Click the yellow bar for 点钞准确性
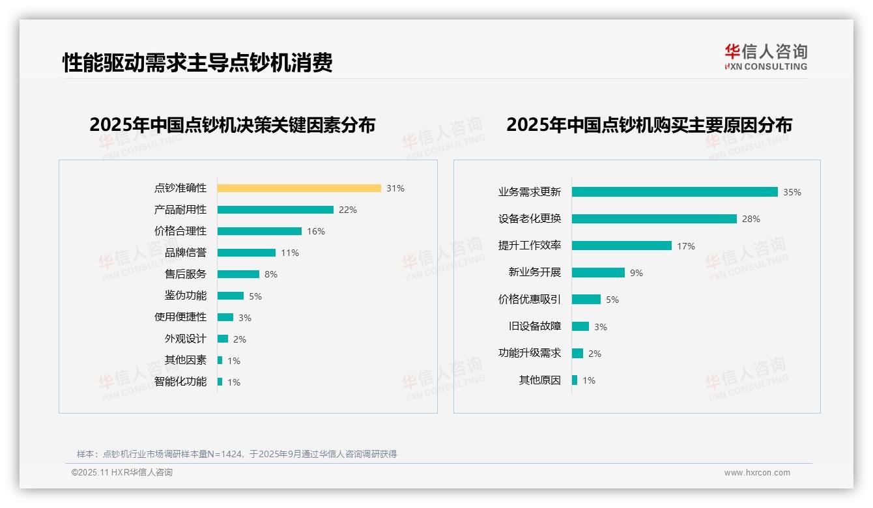tap(299, 188)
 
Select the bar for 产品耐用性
tap(275, 210)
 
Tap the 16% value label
tap(316, 231)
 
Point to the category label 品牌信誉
tap(186, 253)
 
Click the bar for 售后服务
tap(238, 274)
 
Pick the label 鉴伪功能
tap(186, 296)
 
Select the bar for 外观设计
tap(223, 339)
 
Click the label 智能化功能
tap(180, 382)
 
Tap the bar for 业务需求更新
tap(674, 192)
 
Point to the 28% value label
tap(751, 219)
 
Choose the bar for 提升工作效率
tap(622, 246)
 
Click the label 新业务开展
tap(535, 273)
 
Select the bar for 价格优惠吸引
tap(586, 300)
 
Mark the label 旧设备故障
tap(535, 326)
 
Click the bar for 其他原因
tap(575, 380)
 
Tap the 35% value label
tap(792, 192)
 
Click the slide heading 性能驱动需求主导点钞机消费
tap(197, 63)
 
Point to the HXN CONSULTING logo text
tap(766, 66)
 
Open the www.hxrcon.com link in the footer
tap(757, 473)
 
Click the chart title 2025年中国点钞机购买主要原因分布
tap(649, 125)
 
